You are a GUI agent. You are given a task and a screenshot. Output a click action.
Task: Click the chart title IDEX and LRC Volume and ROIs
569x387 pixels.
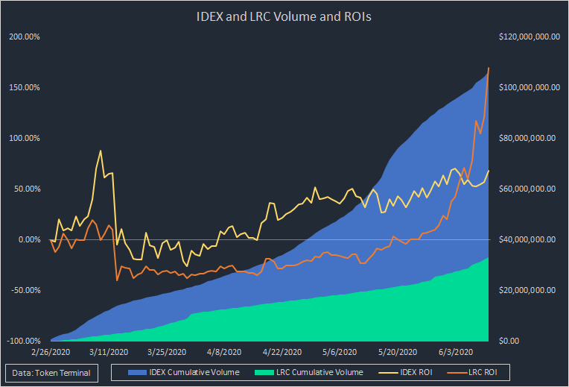[x=284, y=15]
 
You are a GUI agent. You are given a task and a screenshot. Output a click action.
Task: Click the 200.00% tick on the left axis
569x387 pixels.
[x=25, y=37]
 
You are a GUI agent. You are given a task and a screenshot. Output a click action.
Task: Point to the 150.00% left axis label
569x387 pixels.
[x=25, y=87]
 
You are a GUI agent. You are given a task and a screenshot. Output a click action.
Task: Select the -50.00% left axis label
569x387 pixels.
[x=25, y=290]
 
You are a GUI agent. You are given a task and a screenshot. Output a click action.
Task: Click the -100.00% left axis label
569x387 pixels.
[x=24, y=341]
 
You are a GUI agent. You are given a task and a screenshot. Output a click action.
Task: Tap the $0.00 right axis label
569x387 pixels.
[x=510, y=341]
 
